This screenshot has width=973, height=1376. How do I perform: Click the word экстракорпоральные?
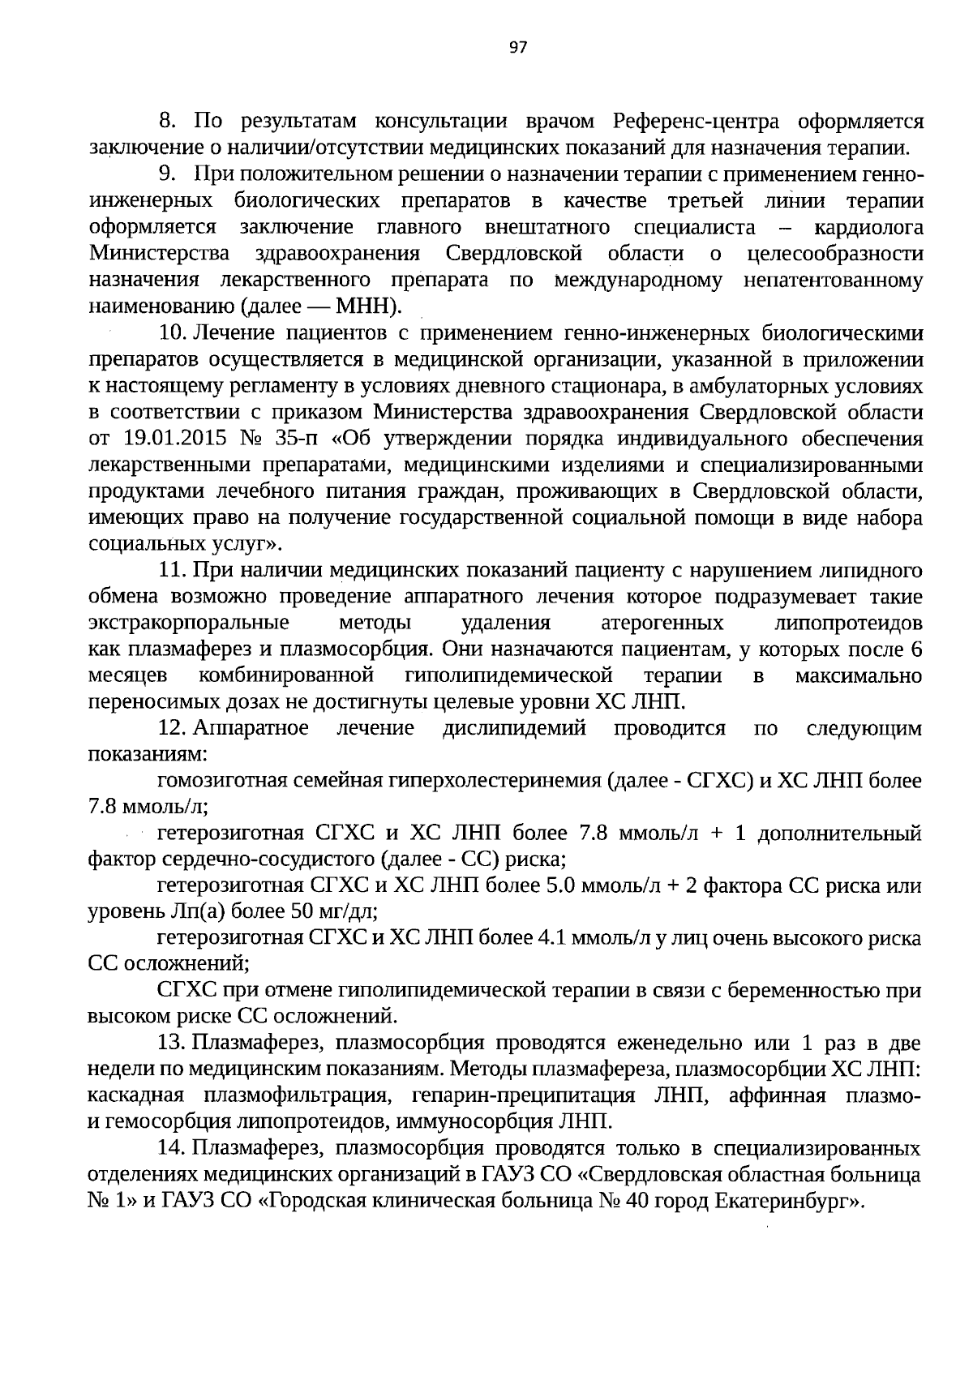click(189, 624)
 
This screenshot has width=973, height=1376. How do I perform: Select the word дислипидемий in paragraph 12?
click(514, 728)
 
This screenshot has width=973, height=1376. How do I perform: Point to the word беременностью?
click(818, 991)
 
